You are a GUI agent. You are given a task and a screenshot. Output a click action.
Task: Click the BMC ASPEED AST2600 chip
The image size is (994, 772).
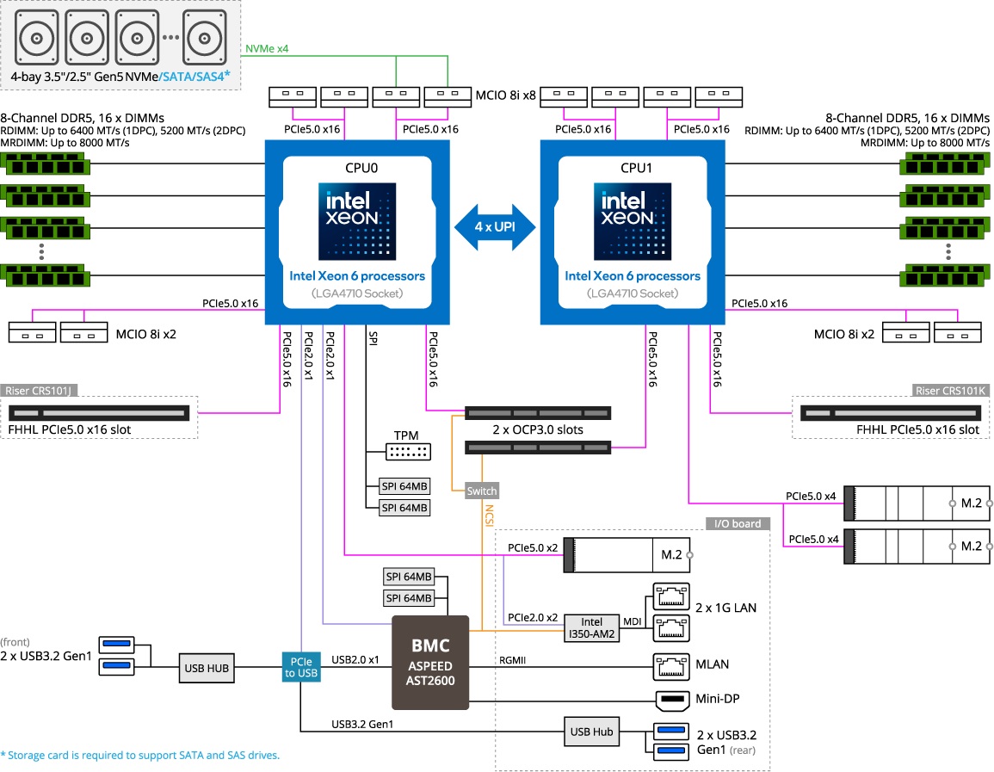[x=429, y=662]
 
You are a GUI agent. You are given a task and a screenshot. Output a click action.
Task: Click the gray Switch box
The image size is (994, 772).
[x=481, y=491]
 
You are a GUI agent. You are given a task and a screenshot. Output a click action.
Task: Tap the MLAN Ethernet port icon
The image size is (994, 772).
[x=671, y=664]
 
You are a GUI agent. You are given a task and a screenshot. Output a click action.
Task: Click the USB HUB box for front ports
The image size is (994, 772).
[x=207, y=665]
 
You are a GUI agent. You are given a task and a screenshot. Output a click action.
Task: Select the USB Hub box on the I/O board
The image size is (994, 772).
[x=592, y=732]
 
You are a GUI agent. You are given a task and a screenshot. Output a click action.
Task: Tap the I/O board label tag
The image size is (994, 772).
[x=738, y=523]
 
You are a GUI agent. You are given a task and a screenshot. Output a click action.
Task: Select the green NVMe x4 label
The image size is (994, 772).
[x=267, y=49]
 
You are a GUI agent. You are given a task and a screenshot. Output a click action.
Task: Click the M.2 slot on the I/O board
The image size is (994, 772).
[x=627, y=555]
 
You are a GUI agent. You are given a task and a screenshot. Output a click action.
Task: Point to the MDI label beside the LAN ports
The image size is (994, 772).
[x=633, y=620]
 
